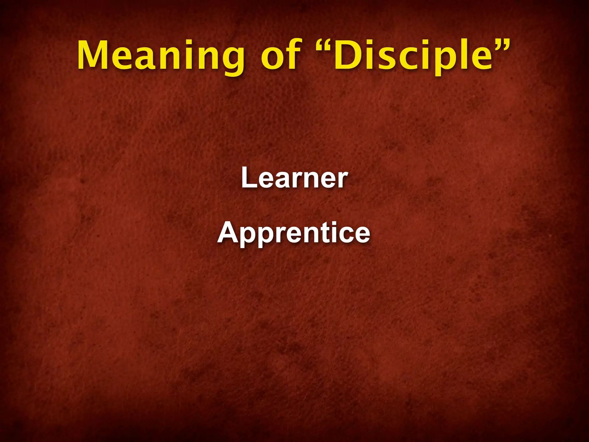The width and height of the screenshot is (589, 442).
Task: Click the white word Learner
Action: click(294, 178)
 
